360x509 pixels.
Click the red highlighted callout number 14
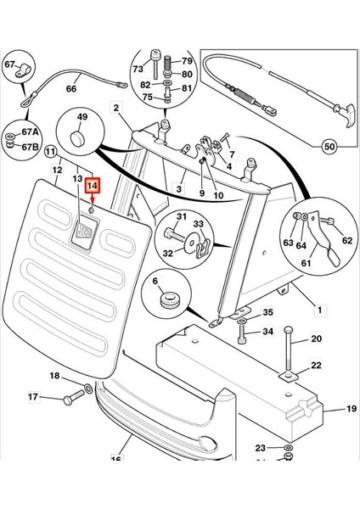92,186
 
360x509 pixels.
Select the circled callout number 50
329,147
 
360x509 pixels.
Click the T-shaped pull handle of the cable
346,115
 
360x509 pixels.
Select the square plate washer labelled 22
288,376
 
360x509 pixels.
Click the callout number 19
351,408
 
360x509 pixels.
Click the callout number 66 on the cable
71,88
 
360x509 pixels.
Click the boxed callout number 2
116,108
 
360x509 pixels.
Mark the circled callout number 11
50,152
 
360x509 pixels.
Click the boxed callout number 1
320,310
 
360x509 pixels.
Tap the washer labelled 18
88,388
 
